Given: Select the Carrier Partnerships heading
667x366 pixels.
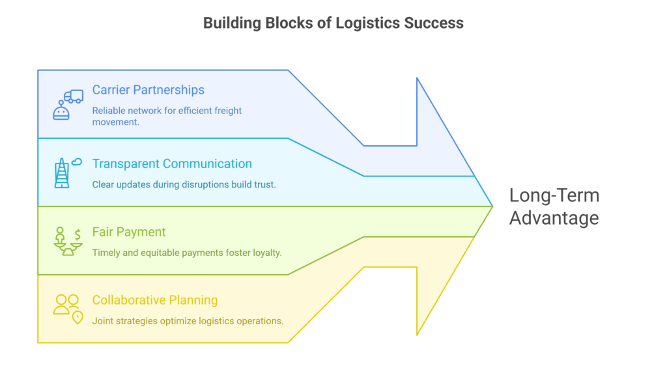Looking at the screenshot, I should (148, 90).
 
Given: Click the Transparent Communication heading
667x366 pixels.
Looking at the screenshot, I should (172, 163).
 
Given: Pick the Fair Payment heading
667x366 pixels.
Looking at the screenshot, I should (129, 232).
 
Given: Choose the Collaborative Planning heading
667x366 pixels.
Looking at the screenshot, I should (155, 300).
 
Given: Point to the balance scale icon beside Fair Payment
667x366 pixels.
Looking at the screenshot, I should (68, 242).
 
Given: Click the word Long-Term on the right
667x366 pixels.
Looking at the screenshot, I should (554, 195).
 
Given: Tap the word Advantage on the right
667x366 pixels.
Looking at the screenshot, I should (554, 218).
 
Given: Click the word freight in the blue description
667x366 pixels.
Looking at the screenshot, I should (226, 111).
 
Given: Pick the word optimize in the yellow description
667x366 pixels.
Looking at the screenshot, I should (174, 320).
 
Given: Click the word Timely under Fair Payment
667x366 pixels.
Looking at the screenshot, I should (106, 253).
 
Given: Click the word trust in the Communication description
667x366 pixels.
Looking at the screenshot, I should (264, 184).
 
